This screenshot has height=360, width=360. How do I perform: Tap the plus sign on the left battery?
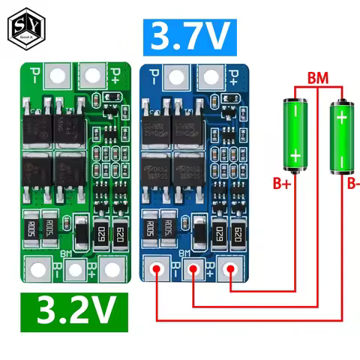coord(295,156)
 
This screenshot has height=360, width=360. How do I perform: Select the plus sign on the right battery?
coord(342,118)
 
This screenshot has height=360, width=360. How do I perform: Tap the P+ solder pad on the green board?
coord(91,74)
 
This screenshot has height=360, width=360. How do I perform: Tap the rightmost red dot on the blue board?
coord(231,268)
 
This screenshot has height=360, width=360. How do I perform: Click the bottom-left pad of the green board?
coord(37,268)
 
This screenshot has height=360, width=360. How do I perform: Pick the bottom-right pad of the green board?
coord(110,268)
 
